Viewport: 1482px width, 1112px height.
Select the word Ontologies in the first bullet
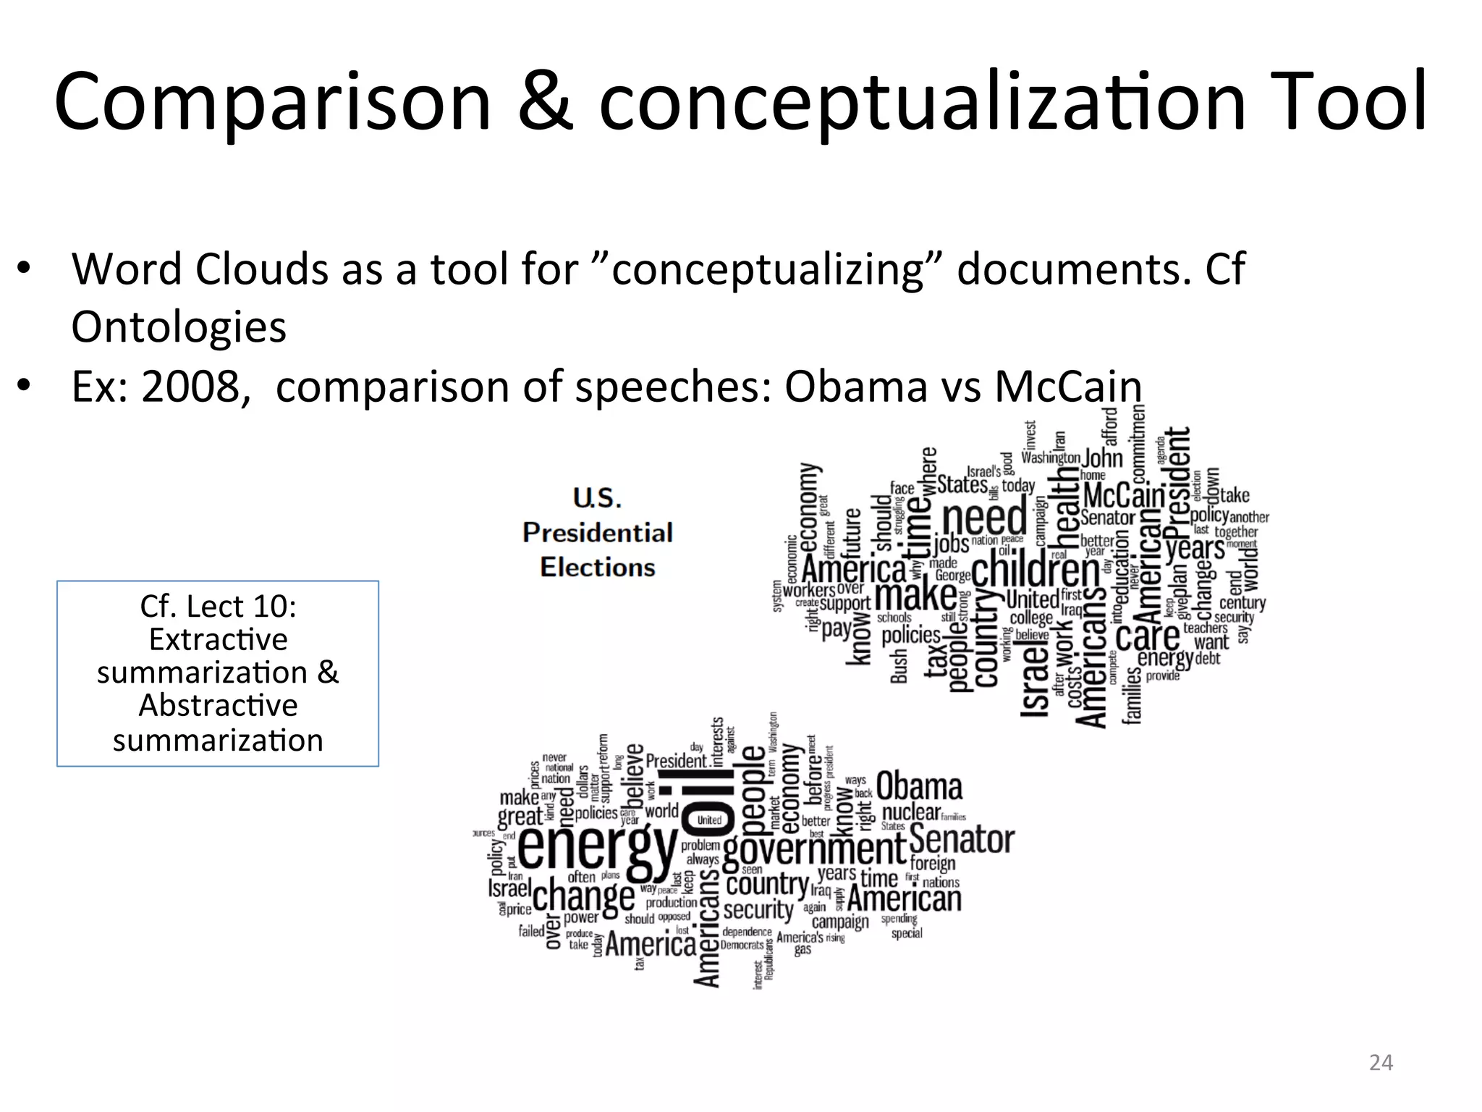point(179,327)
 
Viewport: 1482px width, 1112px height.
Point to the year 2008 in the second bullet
point(190,387)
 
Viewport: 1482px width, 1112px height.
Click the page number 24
point(1381,1063)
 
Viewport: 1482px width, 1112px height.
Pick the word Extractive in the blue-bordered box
point(218,639)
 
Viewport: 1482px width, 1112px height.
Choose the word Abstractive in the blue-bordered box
point(218,705)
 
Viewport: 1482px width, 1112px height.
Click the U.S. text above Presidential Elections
point(597,498)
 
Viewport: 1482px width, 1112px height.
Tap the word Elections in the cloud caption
point(597,567)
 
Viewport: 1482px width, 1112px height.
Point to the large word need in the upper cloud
point(985,518)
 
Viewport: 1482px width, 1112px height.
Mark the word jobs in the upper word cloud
point(951,544)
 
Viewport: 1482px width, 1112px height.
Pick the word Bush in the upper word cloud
point(898,666)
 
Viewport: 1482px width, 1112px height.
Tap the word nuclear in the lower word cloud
point(911,812)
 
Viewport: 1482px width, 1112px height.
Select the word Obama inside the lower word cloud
point(919,786)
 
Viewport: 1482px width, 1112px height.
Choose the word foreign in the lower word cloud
point(933,863)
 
